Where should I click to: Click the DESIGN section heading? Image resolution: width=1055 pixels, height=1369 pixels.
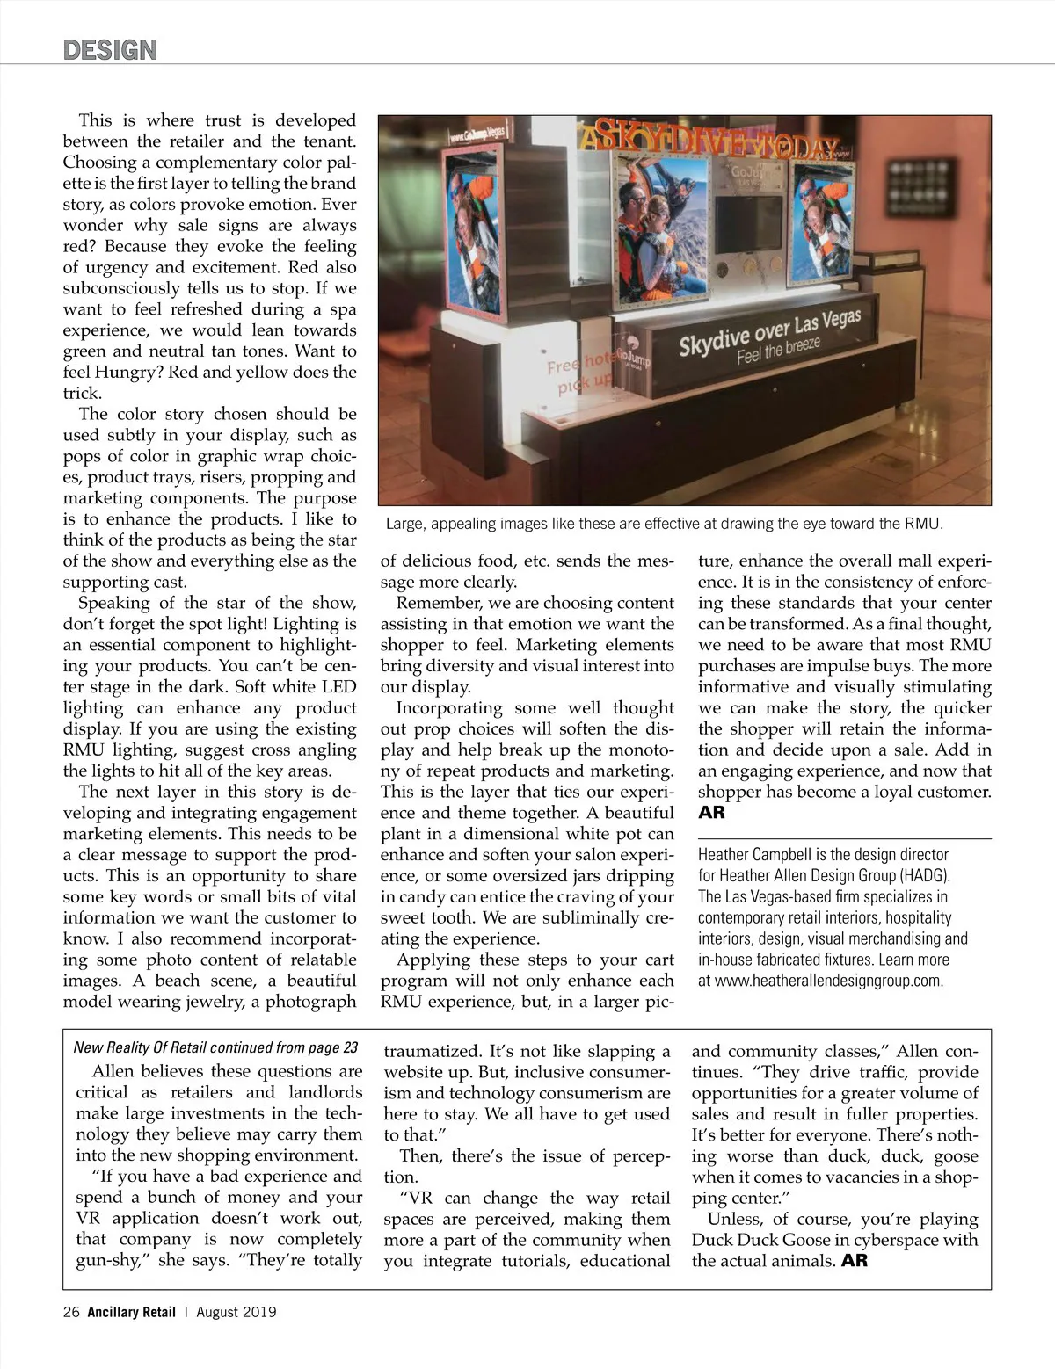point(110,49)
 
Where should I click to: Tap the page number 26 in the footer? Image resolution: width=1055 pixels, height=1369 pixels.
point(71,1312)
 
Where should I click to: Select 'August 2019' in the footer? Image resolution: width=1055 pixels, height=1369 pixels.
point(236,1312)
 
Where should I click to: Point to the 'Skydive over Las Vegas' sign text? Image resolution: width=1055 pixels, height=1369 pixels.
point(769,333)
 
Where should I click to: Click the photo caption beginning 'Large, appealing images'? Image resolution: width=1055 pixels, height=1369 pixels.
point(664,525)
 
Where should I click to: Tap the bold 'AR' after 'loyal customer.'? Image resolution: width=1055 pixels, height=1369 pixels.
point(711,813)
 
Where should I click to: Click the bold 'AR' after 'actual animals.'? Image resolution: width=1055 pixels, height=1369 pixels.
point(854,1261)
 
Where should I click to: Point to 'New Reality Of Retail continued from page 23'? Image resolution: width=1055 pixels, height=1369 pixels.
point(216,1047)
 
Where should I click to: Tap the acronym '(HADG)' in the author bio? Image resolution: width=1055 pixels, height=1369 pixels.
point(923,875)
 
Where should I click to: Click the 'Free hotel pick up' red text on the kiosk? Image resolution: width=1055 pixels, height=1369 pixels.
point(580,371)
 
